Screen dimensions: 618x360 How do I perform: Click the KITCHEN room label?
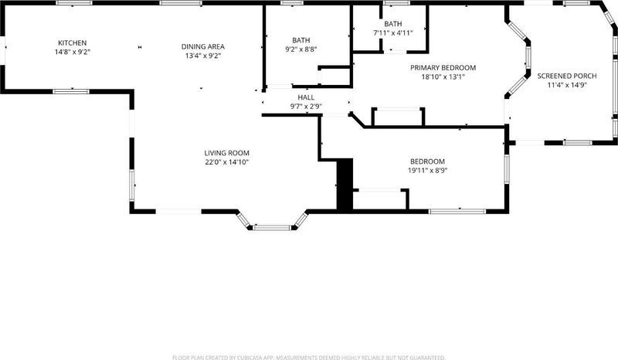[x=72, y=42]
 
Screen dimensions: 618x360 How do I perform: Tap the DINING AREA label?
[x=203, y=46]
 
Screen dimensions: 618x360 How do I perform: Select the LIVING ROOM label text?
[x=226, y=153]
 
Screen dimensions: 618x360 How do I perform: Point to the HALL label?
[x=306, y=97]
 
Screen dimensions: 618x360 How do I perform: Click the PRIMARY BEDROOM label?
[x=443, y=68]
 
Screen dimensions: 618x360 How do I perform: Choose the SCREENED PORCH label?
[x=567, y=76]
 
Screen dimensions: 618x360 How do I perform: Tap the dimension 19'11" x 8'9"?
[x=428, y=170]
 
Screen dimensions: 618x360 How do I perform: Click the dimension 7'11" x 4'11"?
[x=393, y=33]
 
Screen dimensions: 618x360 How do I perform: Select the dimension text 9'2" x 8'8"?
[x=301, y=49]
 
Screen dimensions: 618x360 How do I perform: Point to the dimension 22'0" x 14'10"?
[x=226, y=162]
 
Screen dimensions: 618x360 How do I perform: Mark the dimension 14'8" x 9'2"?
[x=72, y=52]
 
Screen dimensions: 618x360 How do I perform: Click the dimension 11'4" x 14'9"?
[x=567, y=85]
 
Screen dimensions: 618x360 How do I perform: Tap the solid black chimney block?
[x=345, y=184]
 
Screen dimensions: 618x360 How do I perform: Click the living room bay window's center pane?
[x=272, y=228]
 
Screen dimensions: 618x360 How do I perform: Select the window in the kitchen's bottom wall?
[x=71, y=91]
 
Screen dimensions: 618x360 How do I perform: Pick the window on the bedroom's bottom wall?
[x=457, y=212]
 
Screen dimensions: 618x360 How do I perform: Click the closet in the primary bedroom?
[x=398, y=117]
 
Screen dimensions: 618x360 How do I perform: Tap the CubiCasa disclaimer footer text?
[x=308, y=358]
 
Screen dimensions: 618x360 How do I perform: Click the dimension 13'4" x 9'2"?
[x=203, y=56]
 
